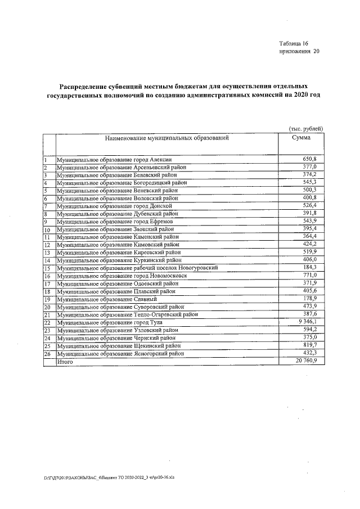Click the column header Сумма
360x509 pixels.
click(301, 138)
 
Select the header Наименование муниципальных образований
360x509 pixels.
click(166, 138)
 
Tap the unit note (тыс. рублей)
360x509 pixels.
click(305, 129)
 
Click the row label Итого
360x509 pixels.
click(65, 363)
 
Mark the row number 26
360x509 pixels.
click(47, 354)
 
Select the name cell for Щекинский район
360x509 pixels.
click(128, 346)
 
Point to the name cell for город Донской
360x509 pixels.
click(117, 206)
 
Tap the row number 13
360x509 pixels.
click(47, 253)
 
